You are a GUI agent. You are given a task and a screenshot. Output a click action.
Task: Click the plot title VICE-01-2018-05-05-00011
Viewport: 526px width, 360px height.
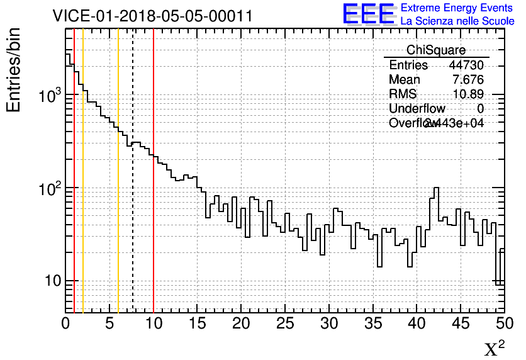pyautogui.click(x=153, y=16)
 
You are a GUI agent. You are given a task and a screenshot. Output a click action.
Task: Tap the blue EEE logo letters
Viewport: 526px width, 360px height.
pyautogui.click(x=369, y=14)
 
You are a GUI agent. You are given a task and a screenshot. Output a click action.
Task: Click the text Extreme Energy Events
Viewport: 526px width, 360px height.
pyautogui.click(x=457, y=8)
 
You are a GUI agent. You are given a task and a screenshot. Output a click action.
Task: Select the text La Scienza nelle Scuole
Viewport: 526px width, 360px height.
pyautogui.click(x=457, y=21)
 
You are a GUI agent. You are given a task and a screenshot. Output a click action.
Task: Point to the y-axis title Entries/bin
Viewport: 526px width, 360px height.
pyautogui.click(x=14, y=70)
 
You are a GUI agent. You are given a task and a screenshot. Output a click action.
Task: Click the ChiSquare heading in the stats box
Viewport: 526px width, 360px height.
pyautogui.click(x=436, y=50)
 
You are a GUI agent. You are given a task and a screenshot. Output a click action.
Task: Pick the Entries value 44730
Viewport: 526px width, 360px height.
pyautogui.click(x=466, y=65)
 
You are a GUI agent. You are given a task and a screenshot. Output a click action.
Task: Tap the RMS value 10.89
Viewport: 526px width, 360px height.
pyautogui.click(x=468, y=94)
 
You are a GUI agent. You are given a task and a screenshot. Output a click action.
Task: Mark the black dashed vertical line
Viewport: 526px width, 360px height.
pyautogui.click(x=133, y=220)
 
